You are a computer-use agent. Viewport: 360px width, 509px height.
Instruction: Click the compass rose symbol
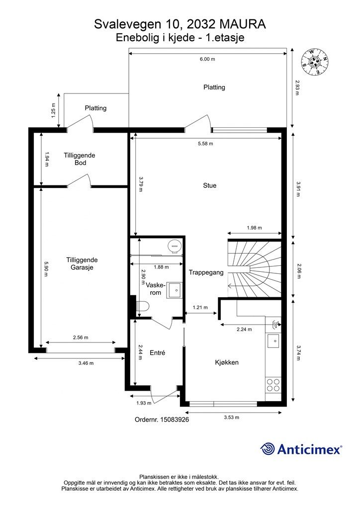(315, 62)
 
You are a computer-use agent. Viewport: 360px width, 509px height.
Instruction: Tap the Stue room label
(209, 185)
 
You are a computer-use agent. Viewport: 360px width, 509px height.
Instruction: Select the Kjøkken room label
(227, 362)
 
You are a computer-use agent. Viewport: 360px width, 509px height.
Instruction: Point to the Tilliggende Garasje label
(82, 263)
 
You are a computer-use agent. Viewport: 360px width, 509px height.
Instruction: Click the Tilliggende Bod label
(80, 159)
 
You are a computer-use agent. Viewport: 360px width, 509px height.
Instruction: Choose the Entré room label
(158, 352)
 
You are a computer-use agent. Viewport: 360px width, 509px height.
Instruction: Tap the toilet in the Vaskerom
(143, 306)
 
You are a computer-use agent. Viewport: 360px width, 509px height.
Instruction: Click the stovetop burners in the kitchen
(273, 385)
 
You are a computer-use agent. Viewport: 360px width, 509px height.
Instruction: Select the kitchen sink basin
(273, 341)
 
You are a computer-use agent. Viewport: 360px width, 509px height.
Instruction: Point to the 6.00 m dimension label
(207, 59)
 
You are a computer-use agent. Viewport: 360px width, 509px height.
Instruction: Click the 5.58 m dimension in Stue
(205, 144)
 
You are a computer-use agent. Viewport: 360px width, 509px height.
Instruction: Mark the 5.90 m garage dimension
(46, 269)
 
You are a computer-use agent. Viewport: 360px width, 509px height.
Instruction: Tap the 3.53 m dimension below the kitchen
(231, 418)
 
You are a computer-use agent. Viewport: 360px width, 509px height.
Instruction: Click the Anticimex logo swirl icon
(268, 449)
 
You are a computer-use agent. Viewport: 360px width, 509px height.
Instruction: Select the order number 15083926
(175, 420)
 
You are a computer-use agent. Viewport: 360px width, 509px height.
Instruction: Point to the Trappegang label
(206, 273)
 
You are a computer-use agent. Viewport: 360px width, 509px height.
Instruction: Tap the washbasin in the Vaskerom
(175, 290)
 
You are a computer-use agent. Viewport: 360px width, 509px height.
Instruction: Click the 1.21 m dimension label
(200, 307)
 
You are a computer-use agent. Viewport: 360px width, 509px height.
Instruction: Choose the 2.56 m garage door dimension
(81, 338)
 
